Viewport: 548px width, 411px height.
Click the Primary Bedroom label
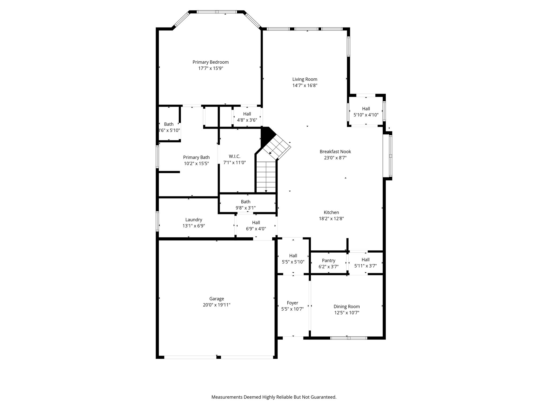(x=211, y=62)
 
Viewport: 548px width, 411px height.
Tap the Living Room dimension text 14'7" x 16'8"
(x=305, y=86)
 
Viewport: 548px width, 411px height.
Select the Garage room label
(x=216, y=299)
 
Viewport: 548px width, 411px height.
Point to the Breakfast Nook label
(x=335, y=151)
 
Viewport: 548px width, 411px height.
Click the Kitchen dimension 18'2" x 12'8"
(x=331, y=219)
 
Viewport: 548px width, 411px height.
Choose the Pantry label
(x=329, y=261)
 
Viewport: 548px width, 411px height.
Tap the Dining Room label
(x=347, y=307)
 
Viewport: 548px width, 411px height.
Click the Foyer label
(x=292, y=303)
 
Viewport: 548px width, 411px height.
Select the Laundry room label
(x=194, y=220)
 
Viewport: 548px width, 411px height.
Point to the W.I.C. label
(x=234, y=156)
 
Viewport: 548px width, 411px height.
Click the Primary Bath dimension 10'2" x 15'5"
(x=196, y=163)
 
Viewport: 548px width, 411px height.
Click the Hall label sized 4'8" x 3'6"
(x=247, y=114)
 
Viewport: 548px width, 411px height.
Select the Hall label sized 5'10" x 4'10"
(x=366, y=109)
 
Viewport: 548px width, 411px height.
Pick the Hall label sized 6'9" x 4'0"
(x=256, y=223)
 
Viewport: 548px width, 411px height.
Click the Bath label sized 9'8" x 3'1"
(x=246, y=202)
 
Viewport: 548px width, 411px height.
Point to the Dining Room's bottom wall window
(x=349, y=338)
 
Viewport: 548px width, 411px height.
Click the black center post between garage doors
(x=219, y=357)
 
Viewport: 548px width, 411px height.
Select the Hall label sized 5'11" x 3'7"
(x=366, y=260)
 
